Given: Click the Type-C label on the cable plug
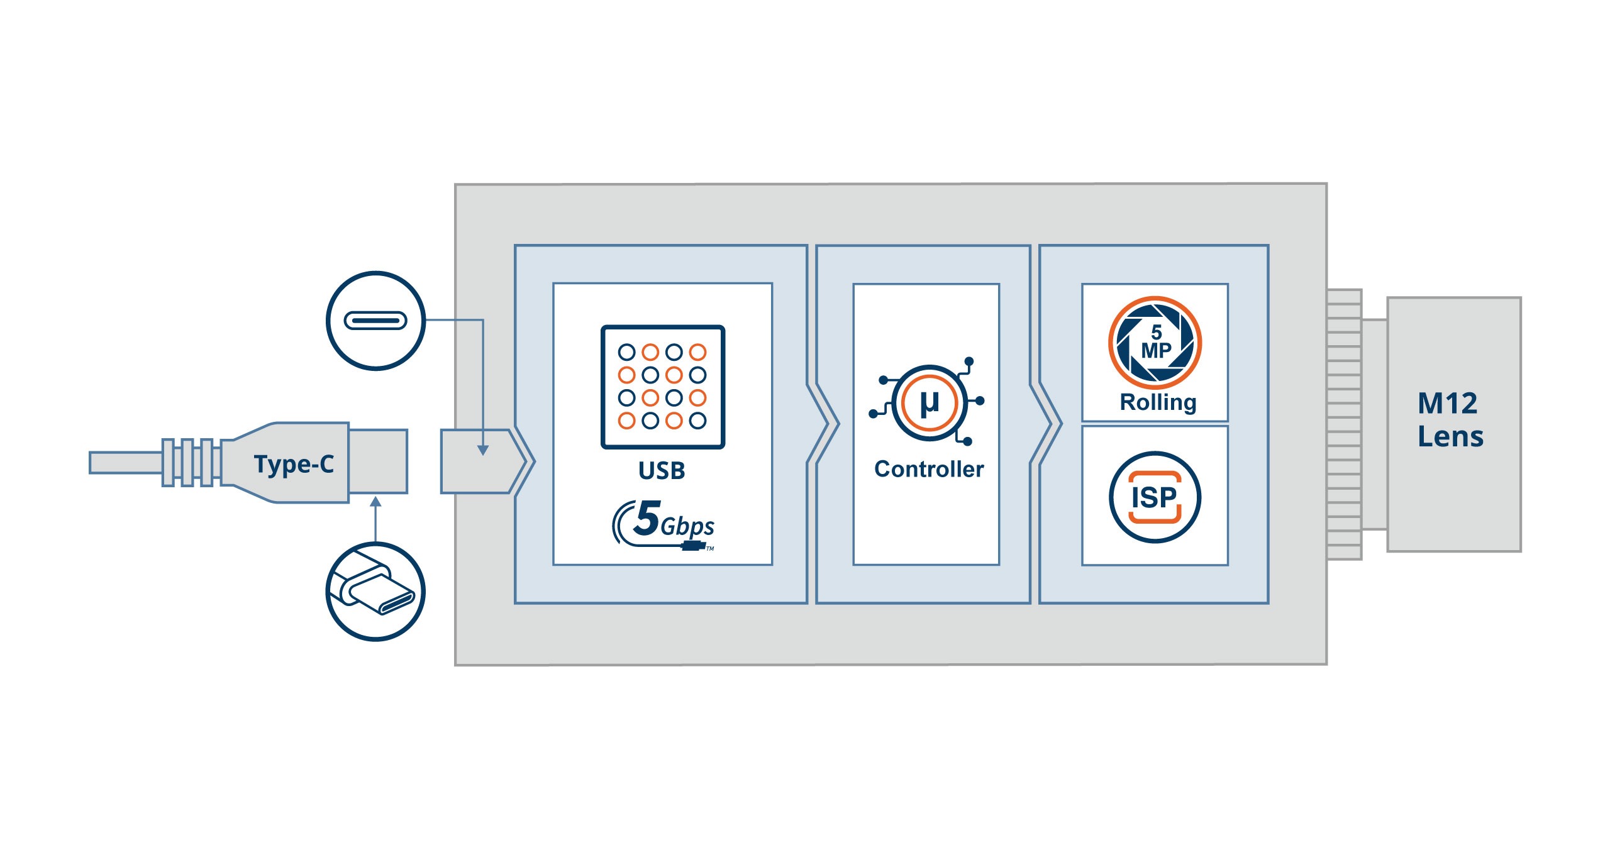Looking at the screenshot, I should click(294, 464).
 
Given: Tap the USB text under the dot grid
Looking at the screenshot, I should click(662, 471).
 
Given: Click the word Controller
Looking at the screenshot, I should click(929, 469).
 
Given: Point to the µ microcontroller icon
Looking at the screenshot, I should click(929, 402).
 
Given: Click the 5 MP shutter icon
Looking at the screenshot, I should click(1155, 343).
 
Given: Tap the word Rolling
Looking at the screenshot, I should click(1158, 402).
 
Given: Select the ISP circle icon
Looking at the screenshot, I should click(1155, 497).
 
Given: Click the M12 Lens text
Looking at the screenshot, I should click(1450, 419).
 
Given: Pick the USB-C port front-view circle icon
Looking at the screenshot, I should click(375, 321).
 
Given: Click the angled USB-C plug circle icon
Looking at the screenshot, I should click(375, 592).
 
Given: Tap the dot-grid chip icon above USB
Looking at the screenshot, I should click(663, 387).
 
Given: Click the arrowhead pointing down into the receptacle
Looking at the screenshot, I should click(482, 450).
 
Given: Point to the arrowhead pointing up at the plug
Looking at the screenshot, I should click(375, 502).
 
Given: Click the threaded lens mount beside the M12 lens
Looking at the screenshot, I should click(1344, 424).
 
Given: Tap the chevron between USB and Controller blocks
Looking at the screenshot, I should click(824, 424).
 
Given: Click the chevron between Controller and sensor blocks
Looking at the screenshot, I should click(1046, 424).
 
